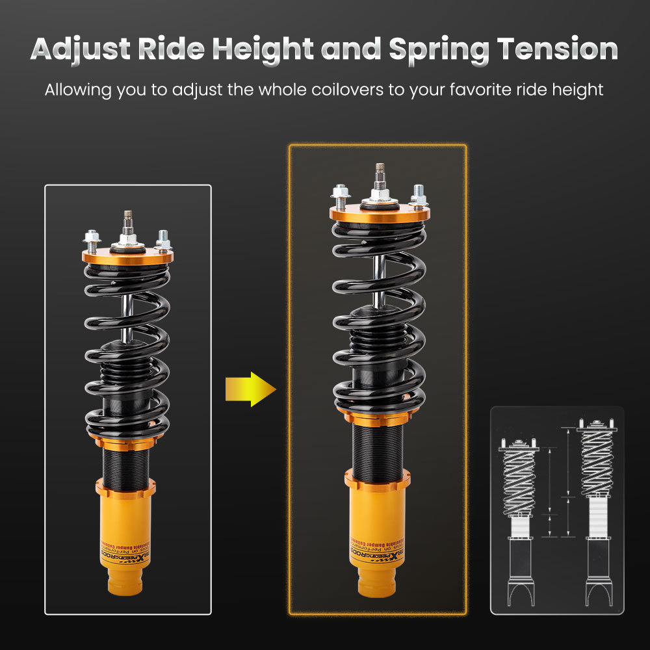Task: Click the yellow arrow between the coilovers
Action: pyautogui.click(x=250, y=389)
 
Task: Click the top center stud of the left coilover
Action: pyautogui.click(x=128, y=225)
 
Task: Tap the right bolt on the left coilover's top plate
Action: pyautogui.click(x=162, y=240)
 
